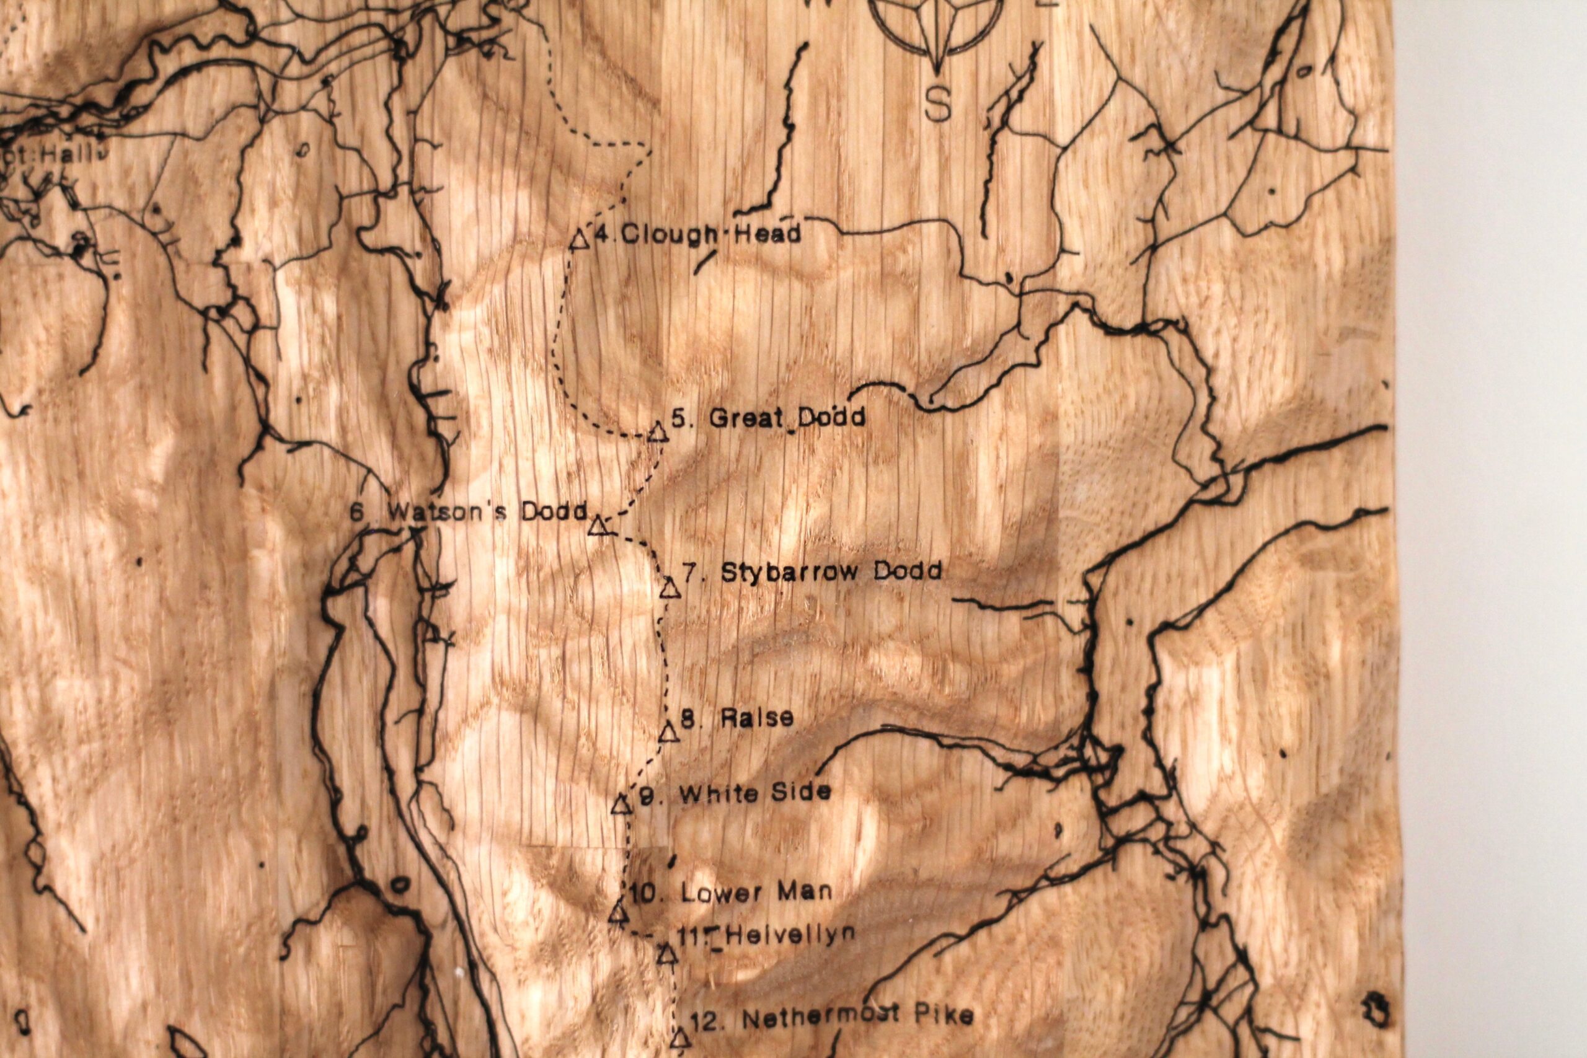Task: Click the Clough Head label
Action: (x=699, y=234)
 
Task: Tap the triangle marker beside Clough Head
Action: (x=578, y=239)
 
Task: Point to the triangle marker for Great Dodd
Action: (x=658, y=433)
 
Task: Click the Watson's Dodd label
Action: (x=468, y=511)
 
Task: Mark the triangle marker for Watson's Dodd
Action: (x=598, y=526)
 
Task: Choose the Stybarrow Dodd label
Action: (x=812, y=572)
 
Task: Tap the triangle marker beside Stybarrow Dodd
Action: (x=668, y=588)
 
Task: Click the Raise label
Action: (x=738, y=718)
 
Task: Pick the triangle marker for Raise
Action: (x=668, y=733)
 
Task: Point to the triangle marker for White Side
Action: (x=621, y=805)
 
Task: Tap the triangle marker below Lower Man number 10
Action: (x=618, y=914)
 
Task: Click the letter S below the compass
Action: (x=937, y=105)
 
